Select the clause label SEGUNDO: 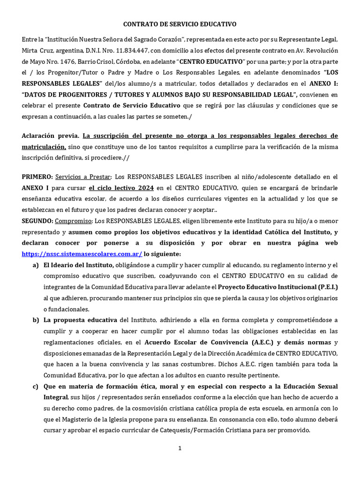click(37, 221)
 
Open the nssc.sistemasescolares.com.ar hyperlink click(82, 254)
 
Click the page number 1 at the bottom click(180, 448)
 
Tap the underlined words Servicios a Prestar click(83, 177)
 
